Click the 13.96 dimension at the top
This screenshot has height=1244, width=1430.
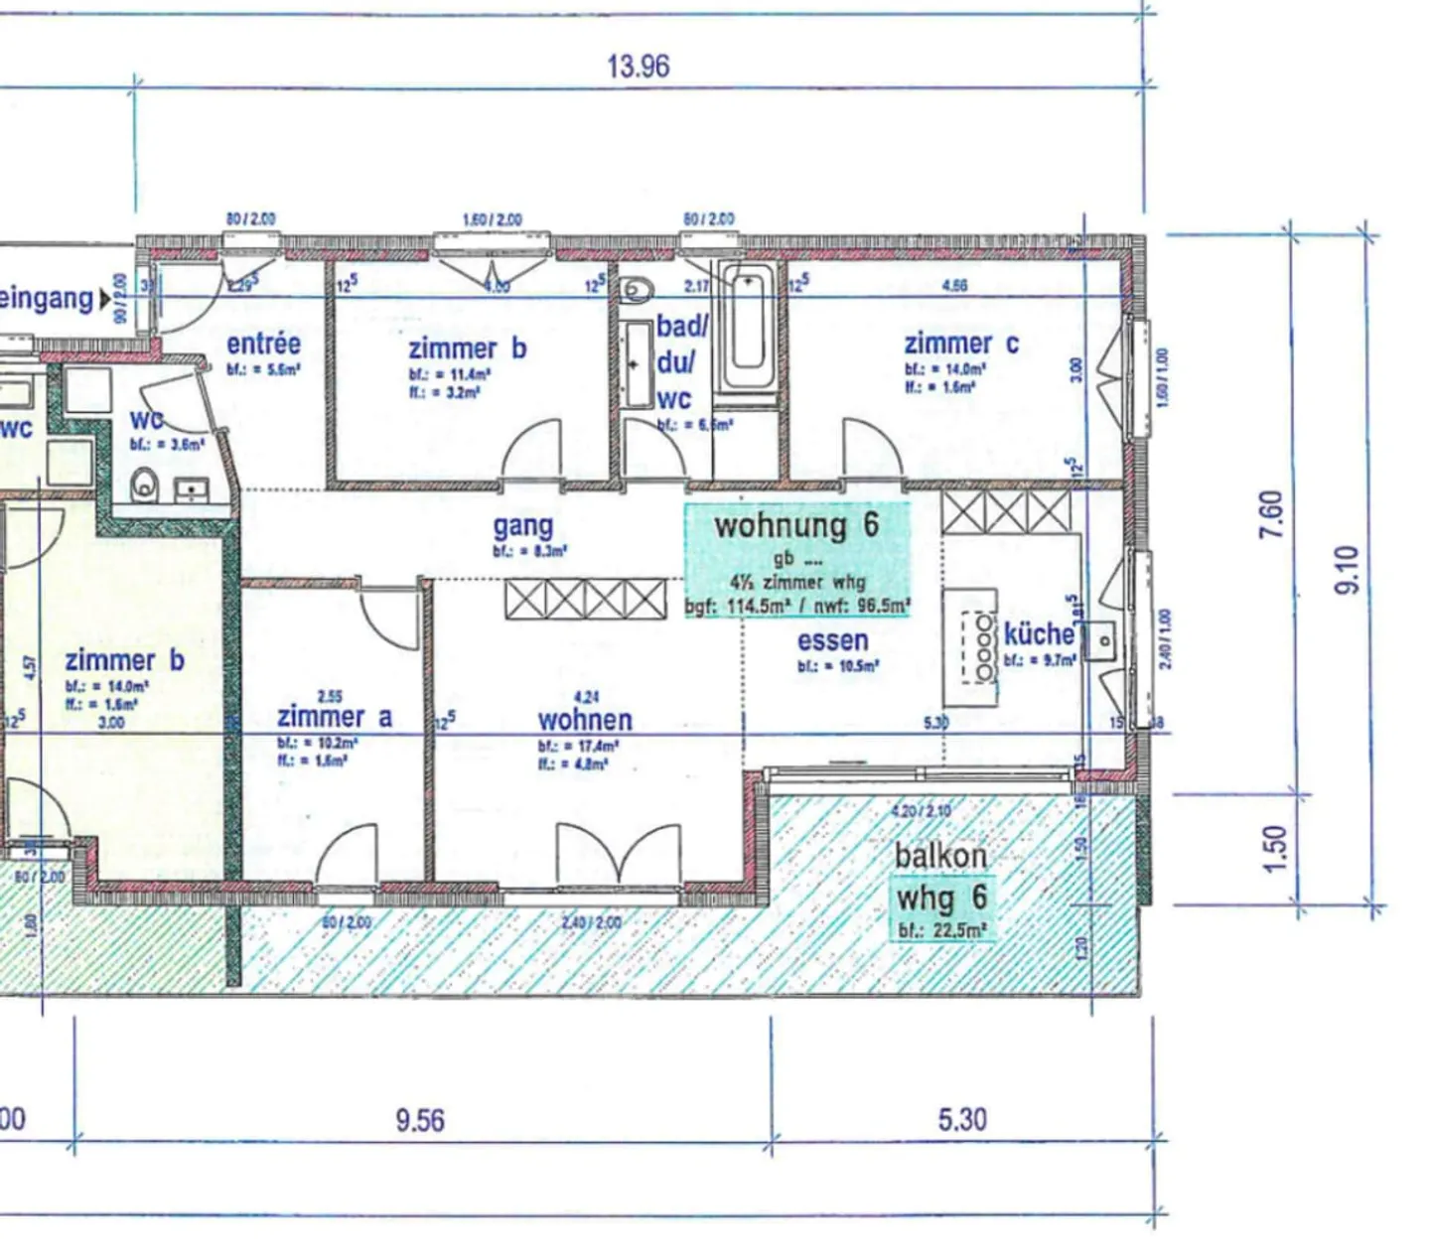(x=638, y=67)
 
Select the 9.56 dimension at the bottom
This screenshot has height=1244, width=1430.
(x=419, y=1120)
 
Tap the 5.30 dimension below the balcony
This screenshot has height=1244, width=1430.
(x=961, y=1120)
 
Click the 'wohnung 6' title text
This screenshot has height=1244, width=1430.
(x=796, y=524)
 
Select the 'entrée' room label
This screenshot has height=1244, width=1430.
(x=263, y=344)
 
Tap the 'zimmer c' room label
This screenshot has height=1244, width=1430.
(x=960, y=344)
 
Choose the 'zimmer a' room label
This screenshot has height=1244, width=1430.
(x=334, y=716)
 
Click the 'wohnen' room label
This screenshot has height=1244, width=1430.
(x=585, y=719)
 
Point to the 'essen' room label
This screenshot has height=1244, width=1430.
(x=832, y=640)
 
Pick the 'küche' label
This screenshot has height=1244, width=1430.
(x=1039, y=633)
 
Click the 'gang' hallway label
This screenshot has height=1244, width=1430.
(x=523, y=526)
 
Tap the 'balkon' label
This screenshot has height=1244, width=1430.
(x=940, y=855)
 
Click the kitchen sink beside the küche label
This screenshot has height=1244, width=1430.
(x=1101, y=640)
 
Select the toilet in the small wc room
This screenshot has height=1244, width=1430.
(x=146, y=486)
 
